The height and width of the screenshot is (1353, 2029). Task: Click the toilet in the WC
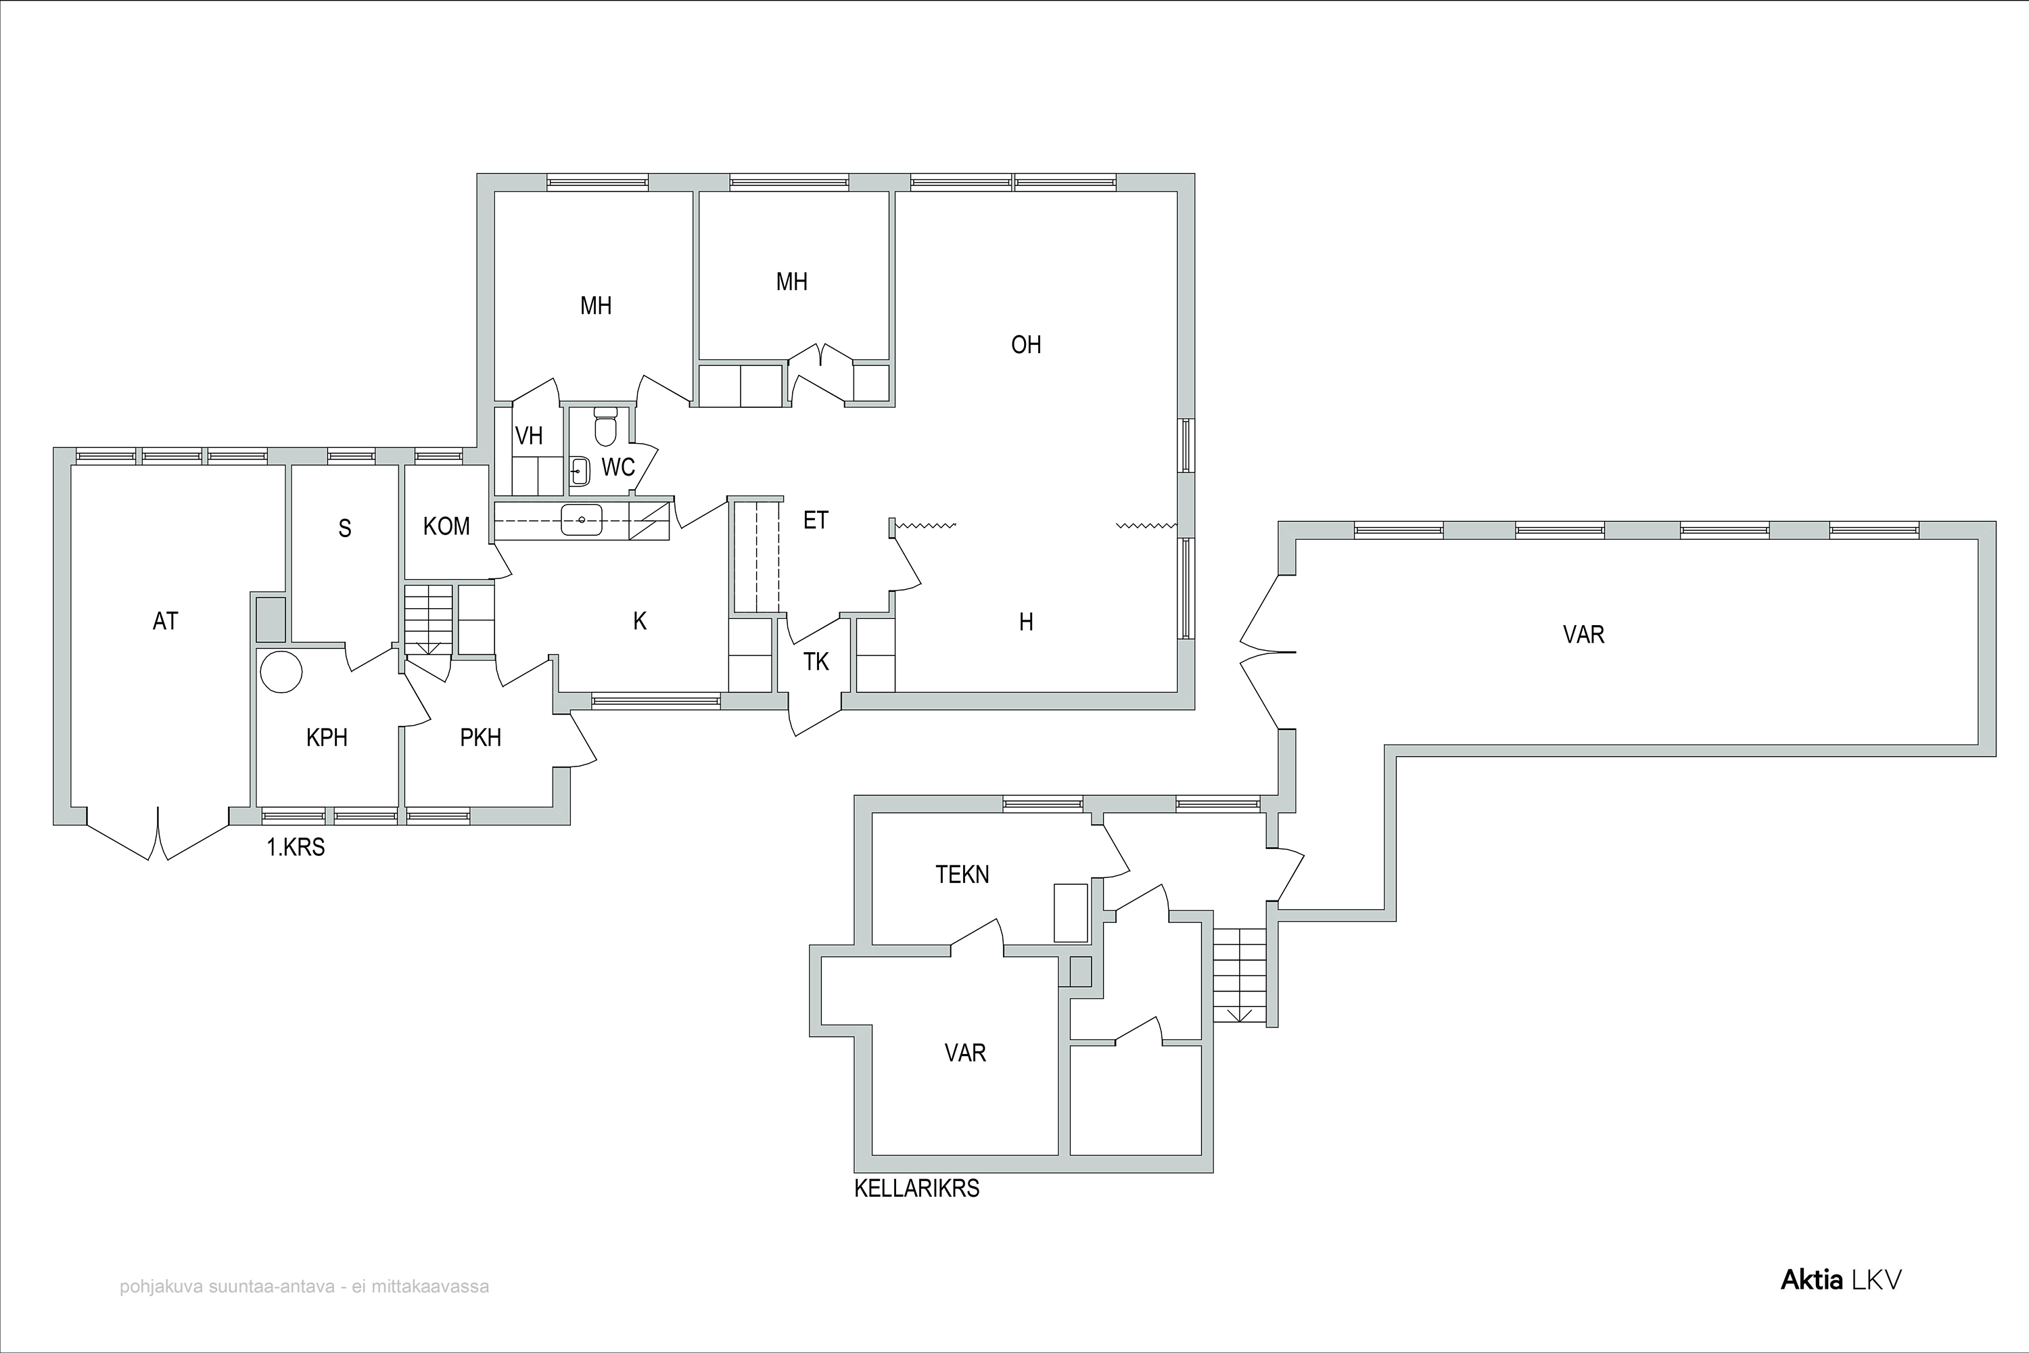coord(605,426)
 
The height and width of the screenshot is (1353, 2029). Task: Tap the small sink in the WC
coord(580,471)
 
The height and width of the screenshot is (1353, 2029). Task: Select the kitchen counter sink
coord(582,520)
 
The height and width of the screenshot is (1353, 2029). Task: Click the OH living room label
coord(1026,345)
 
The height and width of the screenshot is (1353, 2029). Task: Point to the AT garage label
coord(165,621)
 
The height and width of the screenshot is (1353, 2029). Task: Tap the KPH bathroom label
coord(327,738)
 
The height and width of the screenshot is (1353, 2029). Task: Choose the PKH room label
coord(480,738)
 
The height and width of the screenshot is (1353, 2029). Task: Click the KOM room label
coord(447,526)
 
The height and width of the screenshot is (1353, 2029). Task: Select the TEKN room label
coord(962,875)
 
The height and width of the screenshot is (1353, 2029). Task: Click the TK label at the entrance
coord(816,662)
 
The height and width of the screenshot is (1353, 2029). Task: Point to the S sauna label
coord(345,529)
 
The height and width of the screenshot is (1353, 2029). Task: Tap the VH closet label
coord(529,436)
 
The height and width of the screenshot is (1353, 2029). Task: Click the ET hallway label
coord(816,520)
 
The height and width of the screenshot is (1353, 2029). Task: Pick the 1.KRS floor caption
coord(296,848)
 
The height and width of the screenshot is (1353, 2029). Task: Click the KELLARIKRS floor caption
coord(917,1189)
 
